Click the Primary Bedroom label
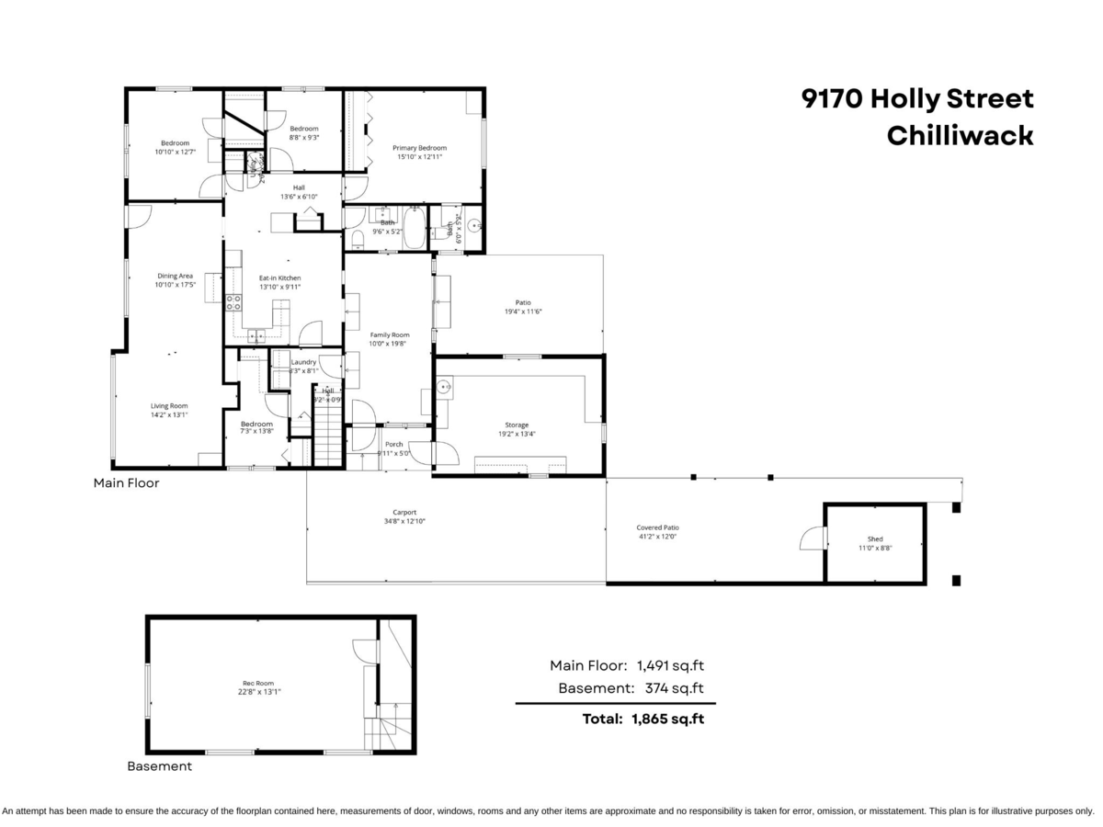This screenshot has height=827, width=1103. (x=419, y=148)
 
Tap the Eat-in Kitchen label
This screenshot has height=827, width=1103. (x=279, y=278)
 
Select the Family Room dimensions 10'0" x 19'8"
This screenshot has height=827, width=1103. (x=389, y=346)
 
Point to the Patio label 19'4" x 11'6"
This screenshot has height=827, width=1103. (x=523, y=312)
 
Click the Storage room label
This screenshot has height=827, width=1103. (x=517, y=425)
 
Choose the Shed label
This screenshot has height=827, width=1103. (x=874, y=539)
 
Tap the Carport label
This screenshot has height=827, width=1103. (x=404, y=513)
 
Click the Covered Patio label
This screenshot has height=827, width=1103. (x=657, y=527)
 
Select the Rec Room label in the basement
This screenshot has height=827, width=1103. (x=258, y=683)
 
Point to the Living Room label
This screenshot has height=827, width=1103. (x=169, y=405)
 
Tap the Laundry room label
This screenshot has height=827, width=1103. (x=303, y=362)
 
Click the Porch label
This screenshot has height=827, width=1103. (x=393, y=445)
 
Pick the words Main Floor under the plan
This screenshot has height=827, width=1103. (x=126, y=482)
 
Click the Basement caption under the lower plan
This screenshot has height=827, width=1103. (x=159, y=765)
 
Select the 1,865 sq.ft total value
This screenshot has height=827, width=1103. (x=667, y=719)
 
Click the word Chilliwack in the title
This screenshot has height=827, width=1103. (x=960, y=135)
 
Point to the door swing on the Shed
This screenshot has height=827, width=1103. (x=813, y=538)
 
